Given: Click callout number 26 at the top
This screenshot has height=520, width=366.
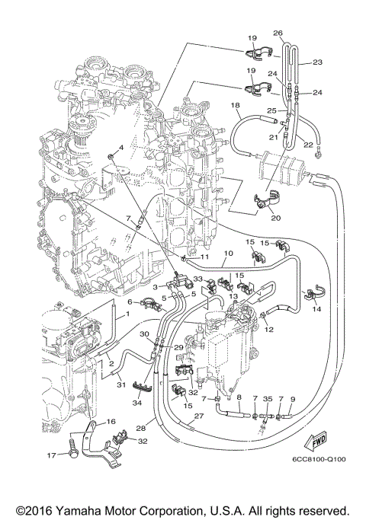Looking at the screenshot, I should tap(277, 33).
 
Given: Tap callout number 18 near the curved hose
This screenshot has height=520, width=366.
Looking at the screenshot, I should tap(236, 105).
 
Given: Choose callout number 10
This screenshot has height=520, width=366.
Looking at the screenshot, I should tap(227, 254).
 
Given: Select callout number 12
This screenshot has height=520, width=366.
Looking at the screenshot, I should tap(268, 330).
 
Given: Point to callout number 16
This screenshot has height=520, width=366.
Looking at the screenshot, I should tap(111, 421).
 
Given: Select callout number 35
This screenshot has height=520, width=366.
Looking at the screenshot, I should tap(267, 398).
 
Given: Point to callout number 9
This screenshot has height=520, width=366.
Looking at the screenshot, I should tap(292, 398).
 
